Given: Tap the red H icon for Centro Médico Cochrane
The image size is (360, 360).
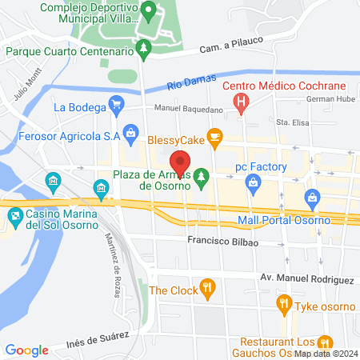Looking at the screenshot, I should (239, 102).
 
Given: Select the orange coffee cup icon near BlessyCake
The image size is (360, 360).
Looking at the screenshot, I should (214, 137).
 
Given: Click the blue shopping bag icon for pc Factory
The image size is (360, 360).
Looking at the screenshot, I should (253, 182).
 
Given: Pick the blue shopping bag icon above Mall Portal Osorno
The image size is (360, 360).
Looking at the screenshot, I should (312, 197).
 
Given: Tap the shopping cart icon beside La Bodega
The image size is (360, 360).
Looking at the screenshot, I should (118, 105).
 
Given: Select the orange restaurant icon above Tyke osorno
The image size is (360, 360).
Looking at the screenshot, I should (283, 302).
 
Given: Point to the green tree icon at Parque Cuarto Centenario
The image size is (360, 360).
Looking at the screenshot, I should (144, 50).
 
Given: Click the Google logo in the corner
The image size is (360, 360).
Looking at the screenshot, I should (26, 350).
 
